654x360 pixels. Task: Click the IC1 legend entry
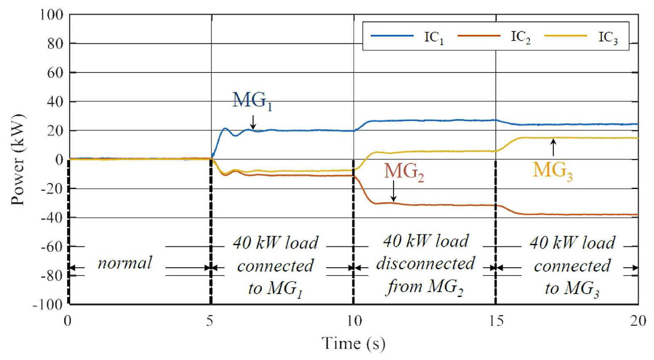[x=407, y=37]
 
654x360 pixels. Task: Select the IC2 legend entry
[x=494, y=37]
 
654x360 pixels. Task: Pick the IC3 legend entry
[x=581, y=37]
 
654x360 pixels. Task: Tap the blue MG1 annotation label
[x=252, y=101]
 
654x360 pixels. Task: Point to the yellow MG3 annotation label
[x=553, y=172]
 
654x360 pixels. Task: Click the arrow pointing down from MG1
[x=253, y=122]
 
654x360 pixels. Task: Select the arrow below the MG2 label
[x=393, y=191]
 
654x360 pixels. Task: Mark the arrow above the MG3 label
[x=553, y=147]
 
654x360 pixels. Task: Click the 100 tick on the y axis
[x=51, y=14]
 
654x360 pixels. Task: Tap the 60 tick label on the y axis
[x=55, y=72]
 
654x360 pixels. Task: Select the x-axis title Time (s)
[x=354, y=343]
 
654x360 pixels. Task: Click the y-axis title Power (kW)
[x=18, y=159]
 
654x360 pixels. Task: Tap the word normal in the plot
[x=125, y=263]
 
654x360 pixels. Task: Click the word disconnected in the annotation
[x=426, y=263]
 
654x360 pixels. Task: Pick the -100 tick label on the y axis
[x=48, y=305]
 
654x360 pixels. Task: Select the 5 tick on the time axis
[x=210, y=321]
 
